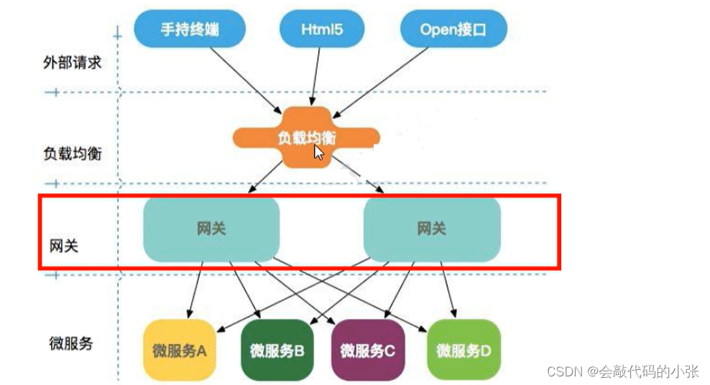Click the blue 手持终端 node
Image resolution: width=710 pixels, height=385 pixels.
pyautogui.click(x=190, y=30)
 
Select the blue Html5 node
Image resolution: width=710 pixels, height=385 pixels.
pyautogui.click(x=321, y=30)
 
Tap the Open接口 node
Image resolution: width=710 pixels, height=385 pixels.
pyautogui.click(x=453, y=30)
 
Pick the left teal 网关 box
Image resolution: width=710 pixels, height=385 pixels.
pyautogui.click(x=211, y=229)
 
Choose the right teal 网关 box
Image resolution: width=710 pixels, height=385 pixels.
pyautogui.click(x=431, y=229)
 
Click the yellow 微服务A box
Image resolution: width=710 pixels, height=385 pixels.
pyautogui.click(x=180, y=351)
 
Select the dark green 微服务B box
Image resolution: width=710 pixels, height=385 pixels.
pyautogui.click(x=277, y=351)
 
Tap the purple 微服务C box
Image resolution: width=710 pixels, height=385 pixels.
pyautogui.click(x=368, y=351)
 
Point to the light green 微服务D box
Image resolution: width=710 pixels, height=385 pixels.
pyautogui.click(x=464, y=351)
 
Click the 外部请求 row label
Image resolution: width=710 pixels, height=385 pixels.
pyautogui.click(x=72, y=62)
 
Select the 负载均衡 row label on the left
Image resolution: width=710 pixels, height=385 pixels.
pyautogui.click(x=72, y=154)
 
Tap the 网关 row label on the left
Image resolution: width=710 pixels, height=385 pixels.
pyautogui.click(x=61, y=246)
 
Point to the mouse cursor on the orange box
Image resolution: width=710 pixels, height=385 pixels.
pyautogui.click(x=318, y=152)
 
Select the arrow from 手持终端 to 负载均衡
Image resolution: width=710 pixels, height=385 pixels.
pyautogui.click(x=241, y=80)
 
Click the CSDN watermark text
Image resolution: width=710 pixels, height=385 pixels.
pyautogui.click(x=622, y=371)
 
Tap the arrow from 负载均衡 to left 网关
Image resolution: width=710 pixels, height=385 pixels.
pyautogui.click(x=267, y=176)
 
